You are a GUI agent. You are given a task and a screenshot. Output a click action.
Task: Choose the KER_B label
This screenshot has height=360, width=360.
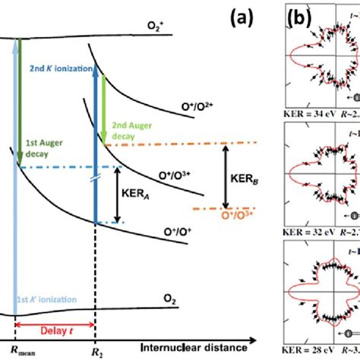pos(235,184)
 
